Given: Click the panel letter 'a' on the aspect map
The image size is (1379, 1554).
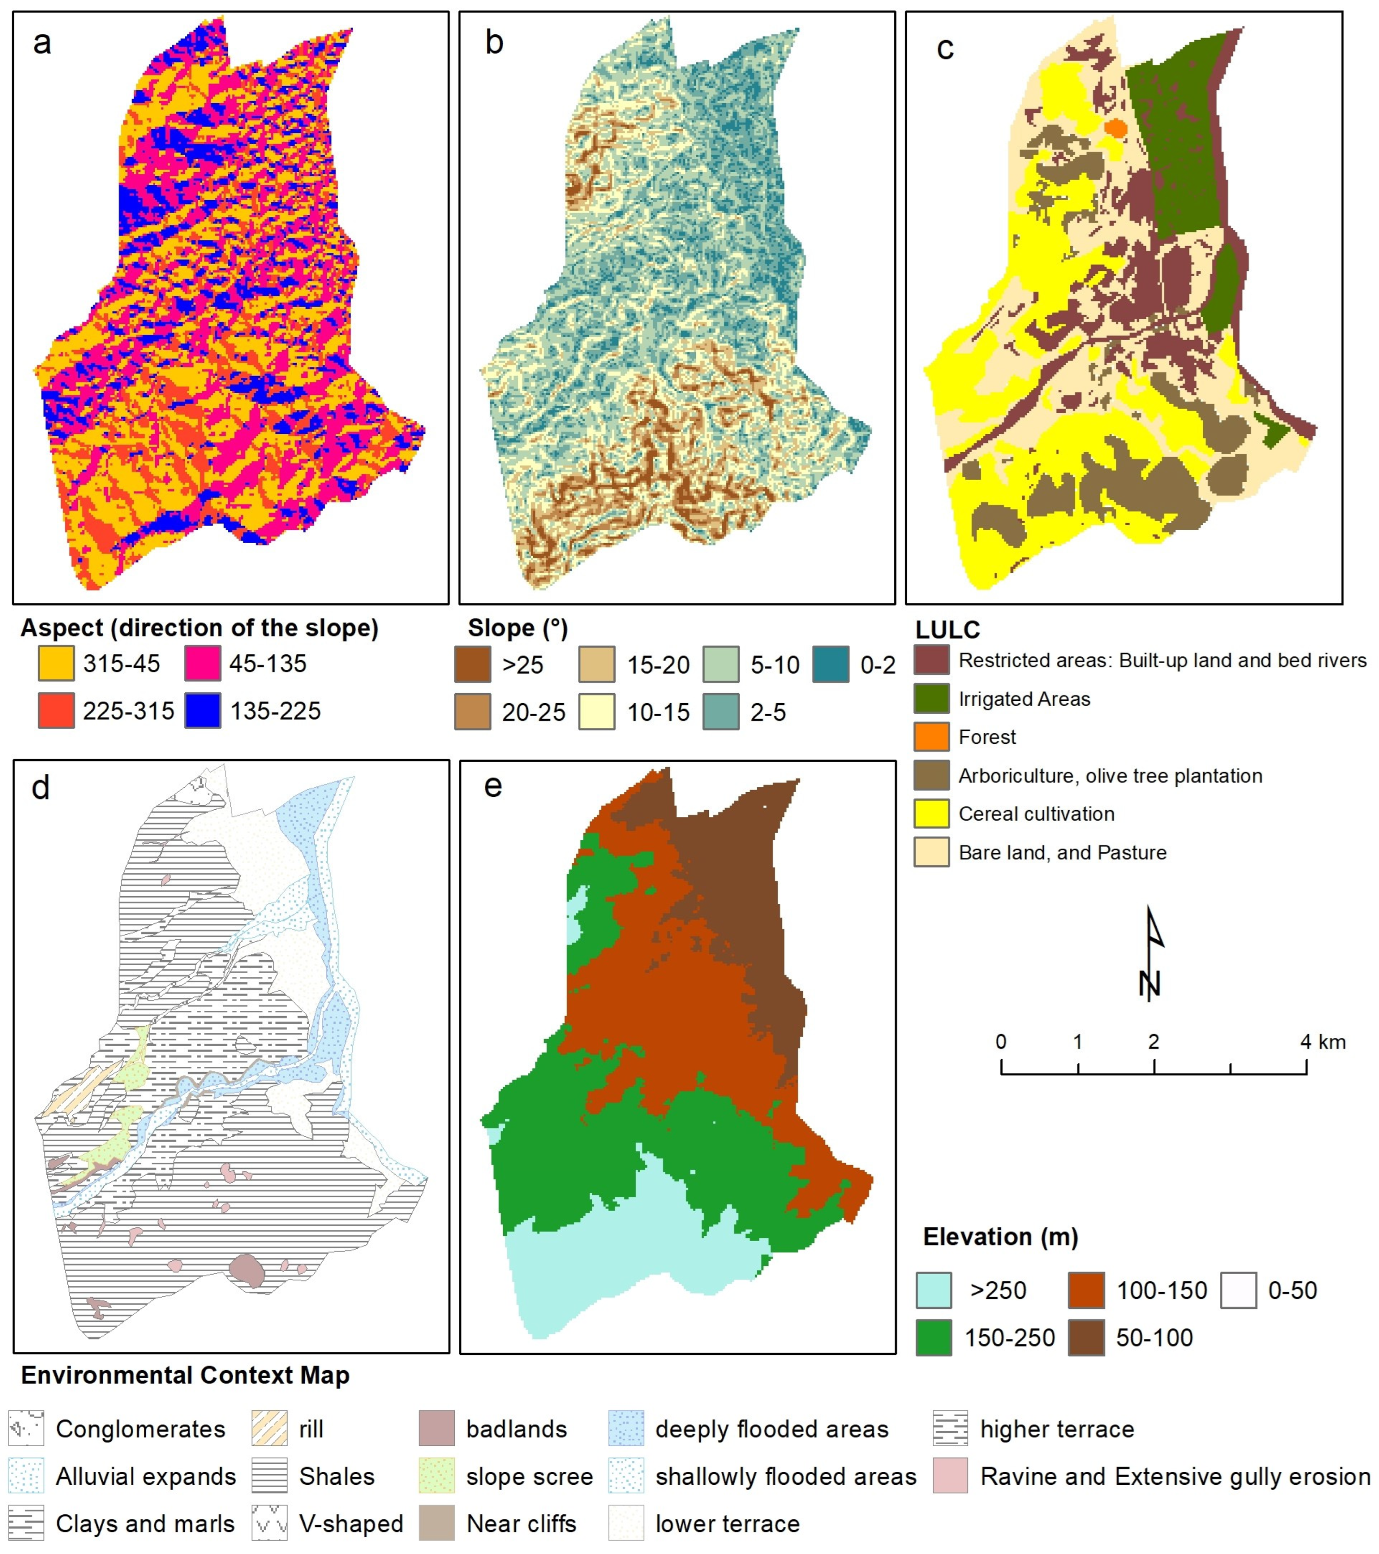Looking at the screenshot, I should point(42,43).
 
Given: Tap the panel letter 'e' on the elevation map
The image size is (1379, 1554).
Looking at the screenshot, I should point(492,786).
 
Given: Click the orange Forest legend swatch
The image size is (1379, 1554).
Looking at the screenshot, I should point(931,737).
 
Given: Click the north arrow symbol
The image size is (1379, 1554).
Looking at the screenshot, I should point(1152,954).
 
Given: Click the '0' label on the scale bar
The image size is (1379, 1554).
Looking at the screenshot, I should point(1001,1041).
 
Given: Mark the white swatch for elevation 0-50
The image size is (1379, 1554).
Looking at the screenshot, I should point(1239,1290).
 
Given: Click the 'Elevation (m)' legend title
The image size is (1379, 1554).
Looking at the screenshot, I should point(1000,1237).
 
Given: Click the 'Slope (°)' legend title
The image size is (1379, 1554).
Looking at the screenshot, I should point(517,628).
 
